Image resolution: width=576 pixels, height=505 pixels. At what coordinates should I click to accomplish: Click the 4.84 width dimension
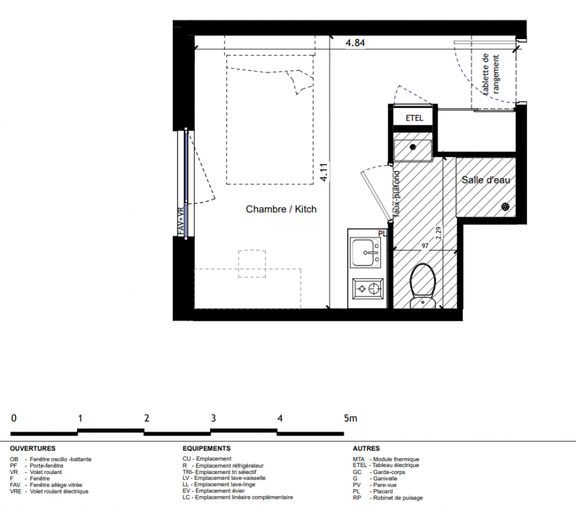point(355,43)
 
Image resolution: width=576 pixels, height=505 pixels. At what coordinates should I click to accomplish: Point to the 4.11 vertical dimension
point(324,172)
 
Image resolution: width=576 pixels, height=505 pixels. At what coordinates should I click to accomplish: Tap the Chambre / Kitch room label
point(281,209)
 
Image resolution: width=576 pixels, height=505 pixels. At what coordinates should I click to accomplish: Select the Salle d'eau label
point(486,180)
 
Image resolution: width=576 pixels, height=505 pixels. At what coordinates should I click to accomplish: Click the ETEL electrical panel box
point(414,118)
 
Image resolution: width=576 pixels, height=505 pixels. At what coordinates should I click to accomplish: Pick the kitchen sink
point(366,252)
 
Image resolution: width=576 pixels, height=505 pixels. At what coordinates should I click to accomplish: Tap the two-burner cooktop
point(368,288)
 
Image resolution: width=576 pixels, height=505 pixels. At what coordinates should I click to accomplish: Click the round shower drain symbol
point(505,207)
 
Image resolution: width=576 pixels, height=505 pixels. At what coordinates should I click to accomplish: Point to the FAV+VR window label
point(180,222)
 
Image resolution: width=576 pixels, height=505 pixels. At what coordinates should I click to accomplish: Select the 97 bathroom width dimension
point(425,246)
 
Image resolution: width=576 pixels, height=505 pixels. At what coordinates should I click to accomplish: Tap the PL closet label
point(383,234)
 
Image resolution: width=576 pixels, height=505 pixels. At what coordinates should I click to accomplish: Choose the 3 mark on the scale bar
point(213,419)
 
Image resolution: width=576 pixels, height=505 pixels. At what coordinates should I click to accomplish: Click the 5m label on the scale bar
point(350,419)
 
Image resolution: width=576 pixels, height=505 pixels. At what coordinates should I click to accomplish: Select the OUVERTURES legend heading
point(33,448)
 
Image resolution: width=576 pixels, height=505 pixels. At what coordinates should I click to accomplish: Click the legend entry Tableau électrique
point(396,465)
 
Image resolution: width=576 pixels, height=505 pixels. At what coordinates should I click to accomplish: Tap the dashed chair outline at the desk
point(252,263)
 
